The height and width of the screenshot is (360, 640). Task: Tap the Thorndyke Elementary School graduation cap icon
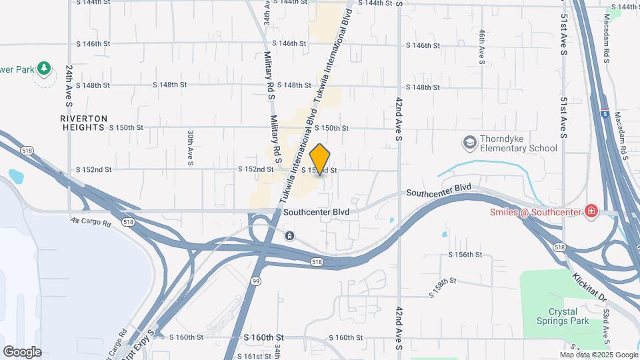[469, 143]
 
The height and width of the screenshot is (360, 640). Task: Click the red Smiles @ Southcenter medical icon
[591, 212]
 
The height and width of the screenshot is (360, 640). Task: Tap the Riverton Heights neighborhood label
[83, 122]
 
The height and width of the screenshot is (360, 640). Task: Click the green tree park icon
[44, 68]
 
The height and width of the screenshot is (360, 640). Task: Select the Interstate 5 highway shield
[604, 113]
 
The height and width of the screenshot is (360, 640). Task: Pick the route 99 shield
[256, 282]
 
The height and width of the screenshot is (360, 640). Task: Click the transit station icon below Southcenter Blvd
[289, 235]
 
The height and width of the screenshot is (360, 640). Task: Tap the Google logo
[22, 351]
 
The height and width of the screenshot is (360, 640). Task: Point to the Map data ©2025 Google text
[599, 355]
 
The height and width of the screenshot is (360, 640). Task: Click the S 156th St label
[465, 255]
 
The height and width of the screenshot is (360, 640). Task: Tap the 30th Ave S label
[190, 147]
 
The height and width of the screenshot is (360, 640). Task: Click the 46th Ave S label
[481, 46]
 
